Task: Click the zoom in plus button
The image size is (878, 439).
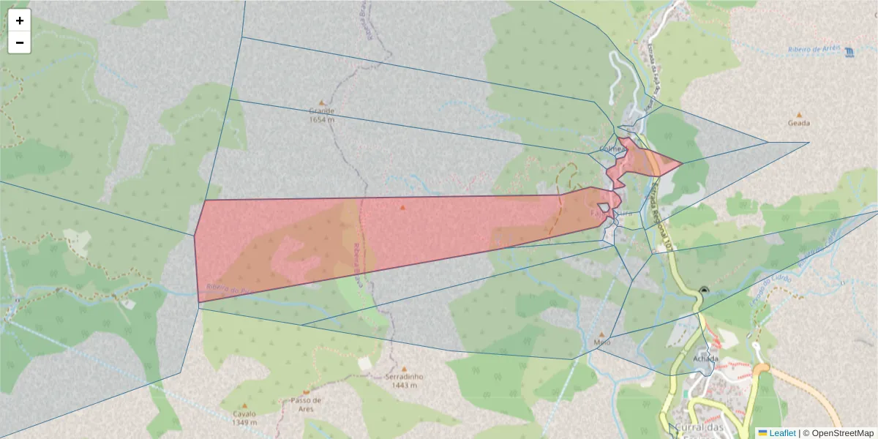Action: click(x=19, y=20)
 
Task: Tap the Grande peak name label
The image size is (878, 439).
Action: click(x=321, y=111)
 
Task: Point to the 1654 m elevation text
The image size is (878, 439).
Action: click(x=321, y=119)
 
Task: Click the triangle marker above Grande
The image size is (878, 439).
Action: click(x=321, y=102)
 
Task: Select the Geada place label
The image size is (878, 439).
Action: click(x=798, y=123)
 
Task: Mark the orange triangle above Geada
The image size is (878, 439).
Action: click(x=799, y=114)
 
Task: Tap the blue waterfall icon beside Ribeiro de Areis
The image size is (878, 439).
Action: click(x=849, y=53)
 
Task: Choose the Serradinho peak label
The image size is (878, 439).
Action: click(x=404, y=378)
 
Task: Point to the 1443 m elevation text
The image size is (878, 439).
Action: click(x=404, y=386)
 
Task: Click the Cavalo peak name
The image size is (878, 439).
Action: click(x=244, y=414)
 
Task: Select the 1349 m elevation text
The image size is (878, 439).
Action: click(x=244, y=422)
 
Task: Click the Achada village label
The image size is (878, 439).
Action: click(x=706, y=359)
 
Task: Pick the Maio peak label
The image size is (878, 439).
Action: click(x=602, y=342)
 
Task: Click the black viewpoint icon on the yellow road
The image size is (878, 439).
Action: click(x=704, y=290)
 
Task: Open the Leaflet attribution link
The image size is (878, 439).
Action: click(x=782, y=433)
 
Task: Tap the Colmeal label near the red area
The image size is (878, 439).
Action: click(x=613, y=149)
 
